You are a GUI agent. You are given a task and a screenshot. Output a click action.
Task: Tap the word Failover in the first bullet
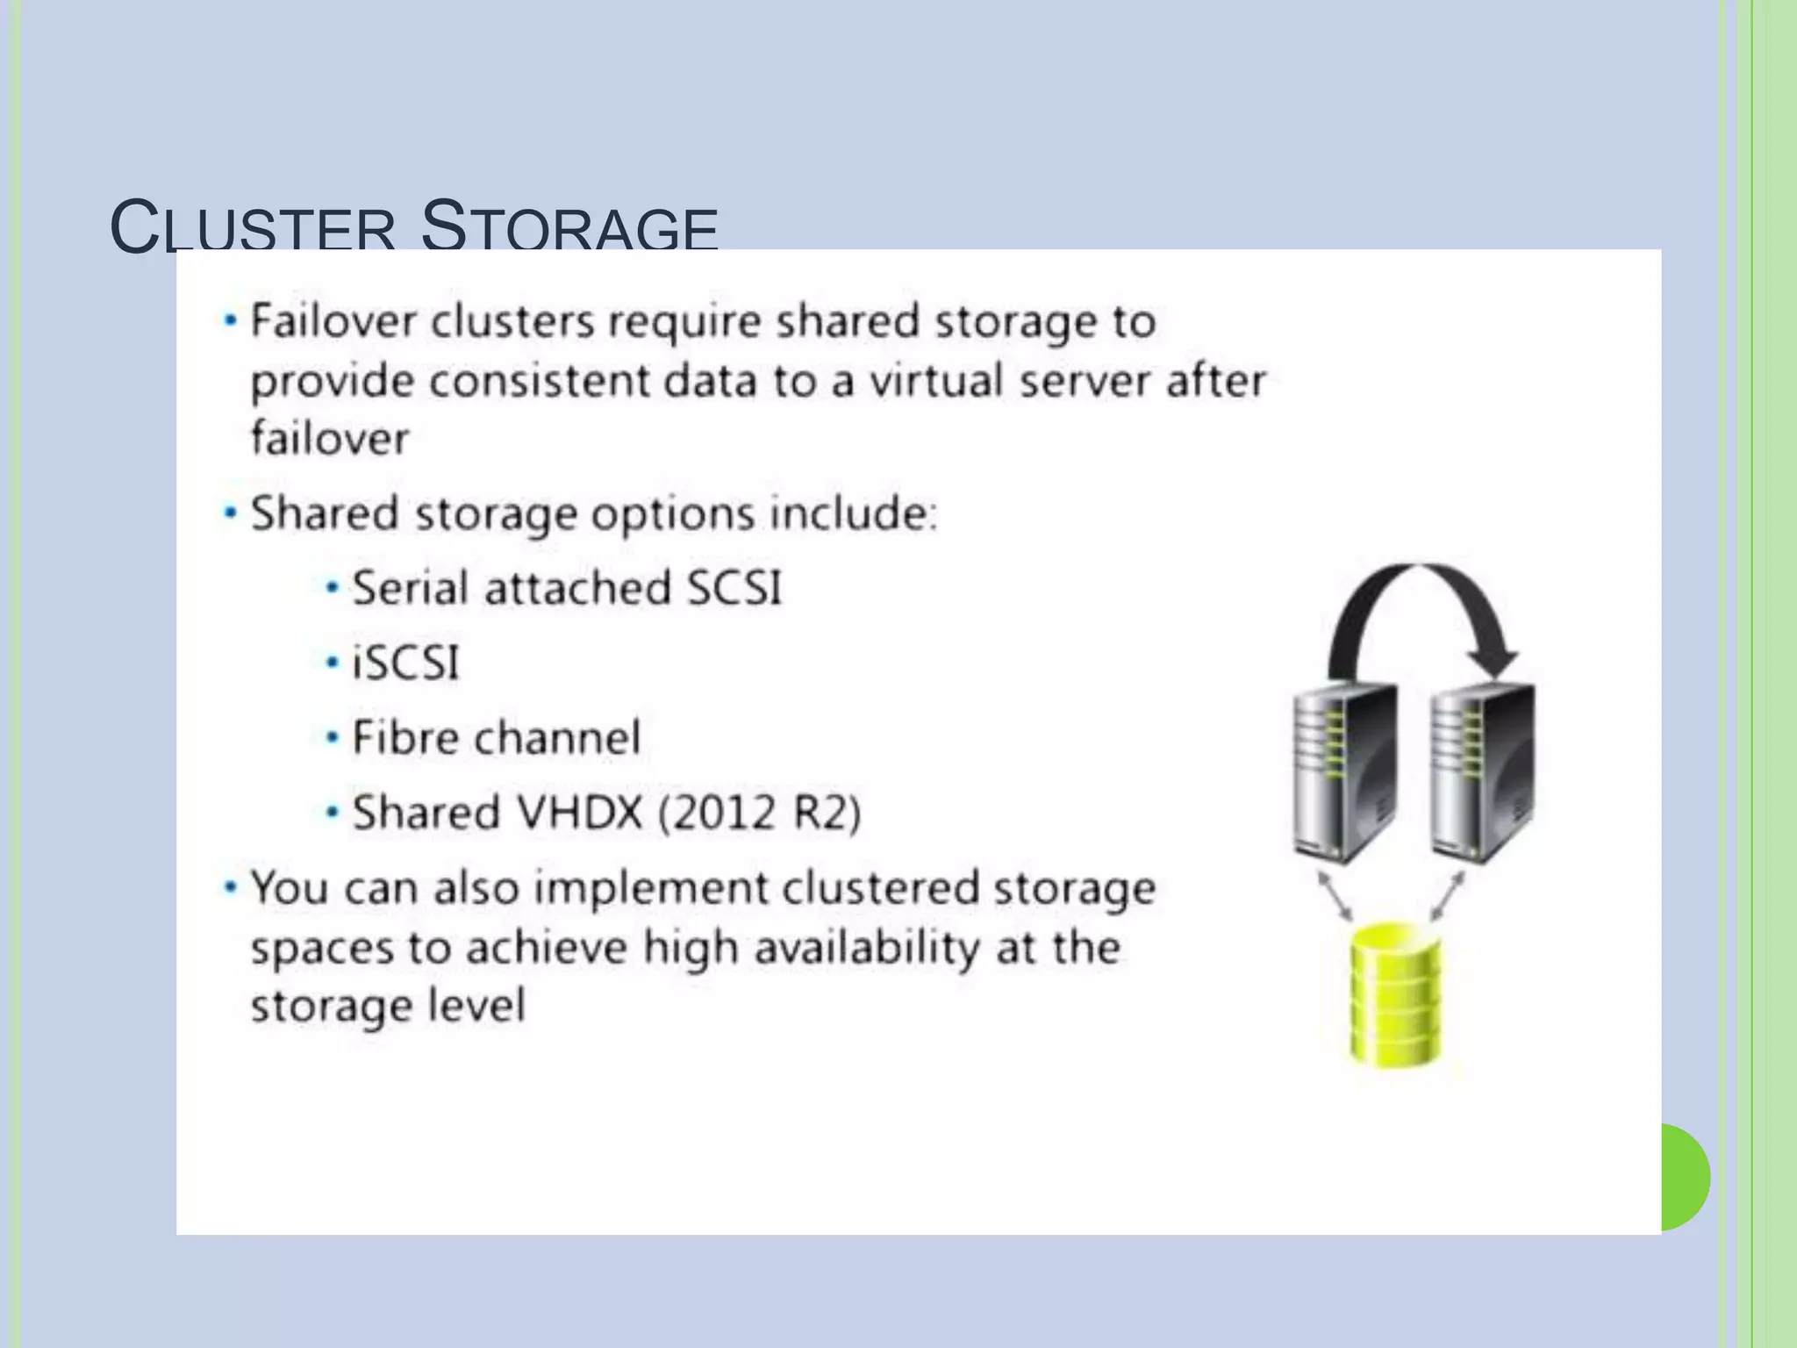pos(333,321)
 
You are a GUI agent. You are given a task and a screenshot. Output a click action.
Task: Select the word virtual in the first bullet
pos(935,381)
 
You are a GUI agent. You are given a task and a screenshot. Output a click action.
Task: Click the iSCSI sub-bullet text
pos(405,663)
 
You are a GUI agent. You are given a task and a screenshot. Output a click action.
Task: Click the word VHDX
pos(580,812)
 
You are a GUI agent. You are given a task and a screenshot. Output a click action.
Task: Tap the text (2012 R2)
pos(760,813)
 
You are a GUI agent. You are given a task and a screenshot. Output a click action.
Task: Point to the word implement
pos(650,888)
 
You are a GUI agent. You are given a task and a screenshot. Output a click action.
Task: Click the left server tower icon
pos(1344,772)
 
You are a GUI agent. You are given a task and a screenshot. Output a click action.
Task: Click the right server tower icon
pos(1482,772)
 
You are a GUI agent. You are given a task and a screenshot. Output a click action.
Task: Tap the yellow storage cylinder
pos(1395,996)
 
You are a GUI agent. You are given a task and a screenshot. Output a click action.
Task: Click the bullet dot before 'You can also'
pos(231,887)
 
